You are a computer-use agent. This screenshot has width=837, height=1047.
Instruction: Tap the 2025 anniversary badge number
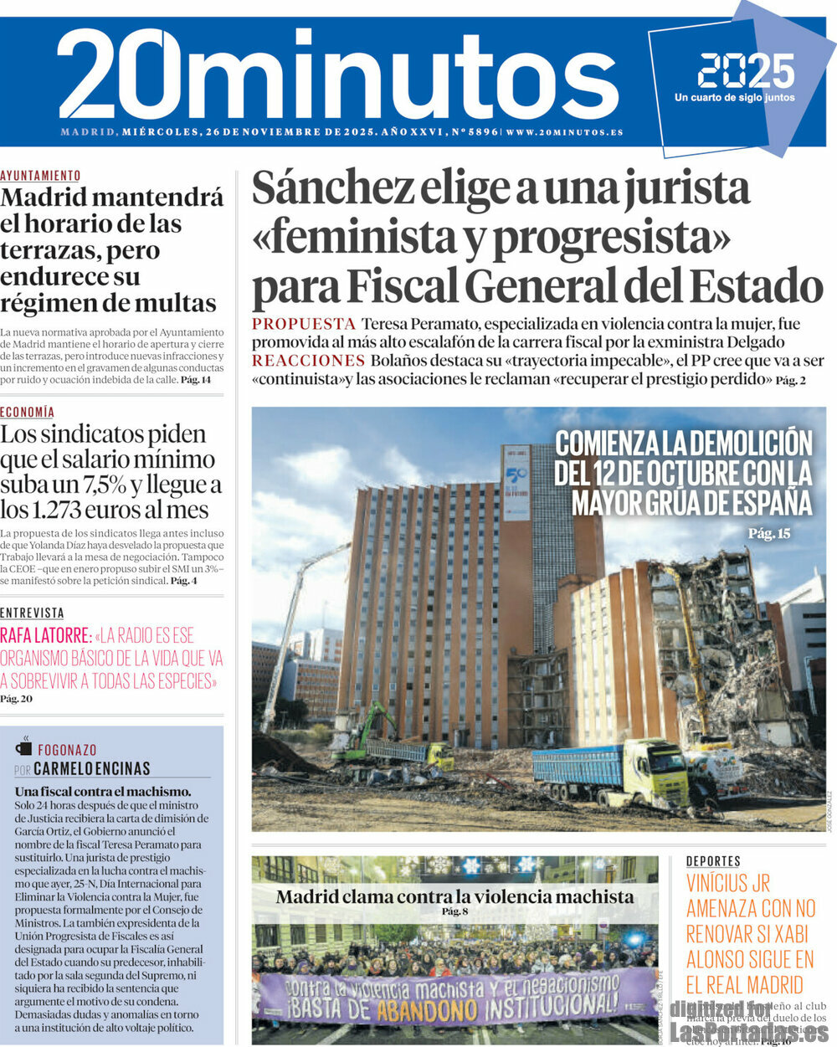746,71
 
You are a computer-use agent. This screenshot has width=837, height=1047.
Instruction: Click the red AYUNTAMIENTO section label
40,176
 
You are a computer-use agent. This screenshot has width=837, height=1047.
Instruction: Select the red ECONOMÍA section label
27,412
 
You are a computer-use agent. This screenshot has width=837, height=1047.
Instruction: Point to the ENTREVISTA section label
32,613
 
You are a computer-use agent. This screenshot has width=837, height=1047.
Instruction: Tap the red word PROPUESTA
304,324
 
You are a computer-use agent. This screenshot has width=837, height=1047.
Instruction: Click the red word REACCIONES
308,361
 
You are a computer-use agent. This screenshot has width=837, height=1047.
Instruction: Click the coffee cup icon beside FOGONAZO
23,748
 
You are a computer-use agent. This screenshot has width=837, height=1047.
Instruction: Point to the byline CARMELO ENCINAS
92,768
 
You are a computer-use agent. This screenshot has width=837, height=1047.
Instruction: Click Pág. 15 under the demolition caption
768,533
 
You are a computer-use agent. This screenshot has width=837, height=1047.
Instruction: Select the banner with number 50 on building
516,484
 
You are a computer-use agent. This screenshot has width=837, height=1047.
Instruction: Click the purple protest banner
453,995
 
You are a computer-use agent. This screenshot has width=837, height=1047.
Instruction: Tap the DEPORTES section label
713,861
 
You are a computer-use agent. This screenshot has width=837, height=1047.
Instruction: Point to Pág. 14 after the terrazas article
196,380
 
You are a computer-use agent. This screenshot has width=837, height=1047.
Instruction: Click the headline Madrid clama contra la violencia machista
454,897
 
